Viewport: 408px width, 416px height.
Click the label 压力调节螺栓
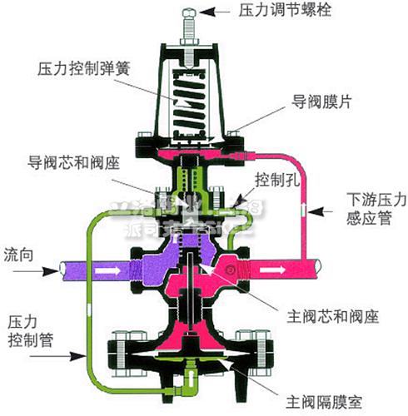(276, 11)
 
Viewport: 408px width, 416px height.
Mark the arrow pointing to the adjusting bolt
(216, 11)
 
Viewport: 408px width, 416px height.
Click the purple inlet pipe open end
(60, 270)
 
